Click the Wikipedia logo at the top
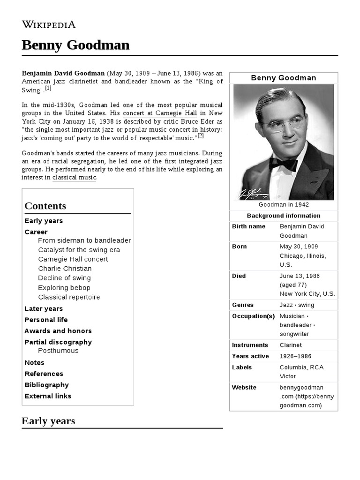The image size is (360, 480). click(49, 24)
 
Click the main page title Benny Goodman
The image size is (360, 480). click(75, 45)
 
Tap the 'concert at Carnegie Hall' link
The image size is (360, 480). click(159, 113)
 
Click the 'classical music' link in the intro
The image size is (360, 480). click(74, 177)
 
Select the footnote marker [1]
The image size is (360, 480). click(48, 88)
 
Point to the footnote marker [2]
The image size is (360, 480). click(201, 136)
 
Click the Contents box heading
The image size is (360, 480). click(45, 206)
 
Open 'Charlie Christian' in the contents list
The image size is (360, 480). click(65, 269)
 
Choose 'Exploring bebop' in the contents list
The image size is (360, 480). click(64, 287)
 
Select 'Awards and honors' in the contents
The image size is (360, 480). click(58, 331)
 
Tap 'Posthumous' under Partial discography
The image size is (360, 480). click(58, 351)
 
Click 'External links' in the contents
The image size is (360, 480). click(48, 396)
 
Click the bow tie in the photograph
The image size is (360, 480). click(283, 164)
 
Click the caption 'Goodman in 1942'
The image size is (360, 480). click(284, 205)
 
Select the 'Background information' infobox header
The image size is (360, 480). click(284, 216)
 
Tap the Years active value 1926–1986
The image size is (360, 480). click(295, 356)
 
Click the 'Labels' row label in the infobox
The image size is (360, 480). click(242, 367)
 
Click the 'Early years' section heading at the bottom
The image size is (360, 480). click(48, 421)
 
